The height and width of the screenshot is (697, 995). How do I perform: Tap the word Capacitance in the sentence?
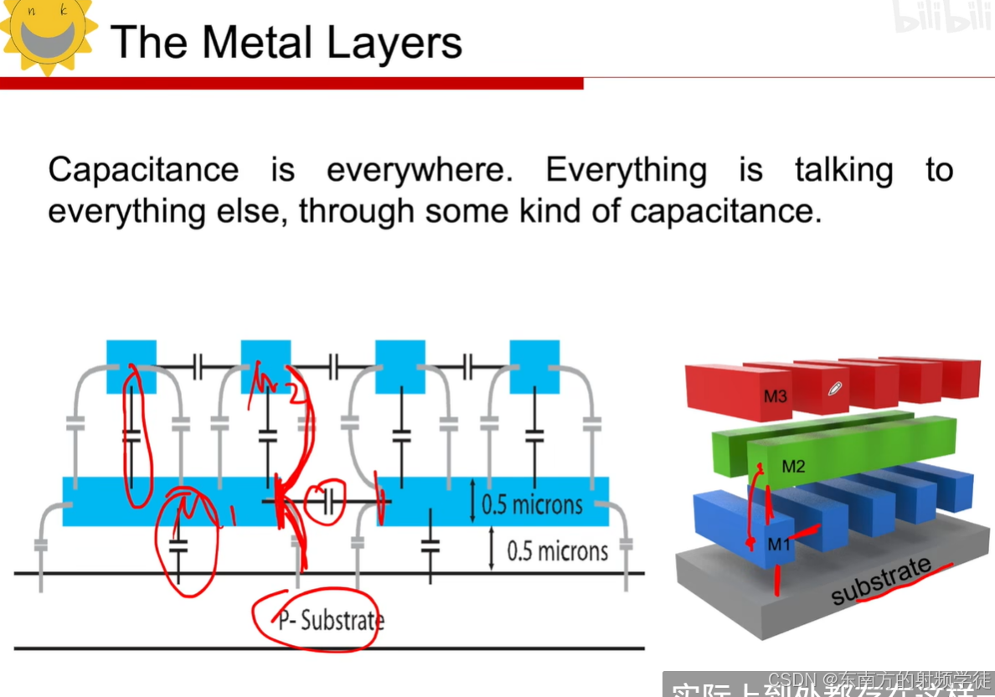tap(143, 170)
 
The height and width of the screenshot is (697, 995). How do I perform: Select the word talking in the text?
tap(843, 170)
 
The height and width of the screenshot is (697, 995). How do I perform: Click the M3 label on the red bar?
tap(775, 395)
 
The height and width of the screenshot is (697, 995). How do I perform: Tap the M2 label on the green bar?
tap(793, 467)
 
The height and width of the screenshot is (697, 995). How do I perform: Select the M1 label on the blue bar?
tap(779, 545)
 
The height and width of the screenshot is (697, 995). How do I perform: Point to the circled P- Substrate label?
tap(331, 621)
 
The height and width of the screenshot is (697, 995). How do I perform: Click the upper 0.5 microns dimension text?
tap(532, 504)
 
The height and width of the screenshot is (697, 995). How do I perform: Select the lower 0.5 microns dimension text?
tap(557, 551)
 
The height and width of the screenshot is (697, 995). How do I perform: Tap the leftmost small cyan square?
tap(131, 366)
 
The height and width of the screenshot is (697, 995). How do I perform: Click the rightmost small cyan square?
tap(534, 366)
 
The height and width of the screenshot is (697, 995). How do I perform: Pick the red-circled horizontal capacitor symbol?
tap(328, 502)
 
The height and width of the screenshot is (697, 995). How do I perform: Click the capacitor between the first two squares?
tap(198, 366)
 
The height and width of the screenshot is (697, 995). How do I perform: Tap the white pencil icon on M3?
tap(834, 389)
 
